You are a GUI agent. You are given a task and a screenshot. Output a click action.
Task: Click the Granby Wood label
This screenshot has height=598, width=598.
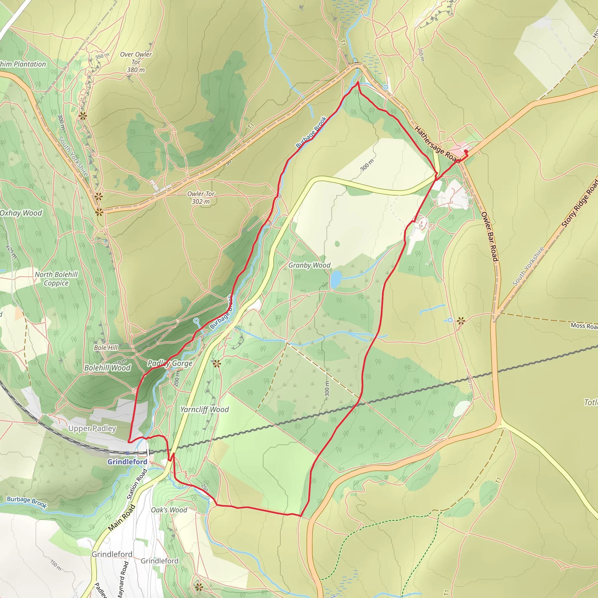point(309,265)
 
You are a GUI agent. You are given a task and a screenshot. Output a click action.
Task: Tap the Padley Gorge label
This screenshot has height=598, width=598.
point(170,363)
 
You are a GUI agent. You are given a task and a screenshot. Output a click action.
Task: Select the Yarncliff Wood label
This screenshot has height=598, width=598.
point(205,409)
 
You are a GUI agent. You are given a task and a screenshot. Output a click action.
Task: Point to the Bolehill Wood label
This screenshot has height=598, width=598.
point(107,368)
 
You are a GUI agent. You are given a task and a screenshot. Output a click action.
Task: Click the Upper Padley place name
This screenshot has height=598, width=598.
point(92,428)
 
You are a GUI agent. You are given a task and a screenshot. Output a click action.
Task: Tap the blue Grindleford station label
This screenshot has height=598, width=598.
point(127,462)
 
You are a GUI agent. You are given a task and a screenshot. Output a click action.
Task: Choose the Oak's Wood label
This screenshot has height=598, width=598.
point(169,510)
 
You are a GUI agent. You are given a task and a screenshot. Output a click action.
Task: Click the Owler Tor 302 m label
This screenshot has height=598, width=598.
point(201,197)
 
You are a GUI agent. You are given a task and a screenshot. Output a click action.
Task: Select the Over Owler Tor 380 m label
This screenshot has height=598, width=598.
point(136,62)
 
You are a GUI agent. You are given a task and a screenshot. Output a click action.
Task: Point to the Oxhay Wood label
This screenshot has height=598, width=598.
point(21,213)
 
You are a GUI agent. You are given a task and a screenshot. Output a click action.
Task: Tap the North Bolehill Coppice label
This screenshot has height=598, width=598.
point(56,279)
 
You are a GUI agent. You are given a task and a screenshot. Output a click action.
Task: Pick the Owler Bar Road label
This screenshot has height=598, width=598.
point(489,237)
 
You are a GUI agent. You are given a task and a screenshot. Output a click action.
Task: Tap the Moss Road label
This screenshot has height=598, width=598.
point(584,326)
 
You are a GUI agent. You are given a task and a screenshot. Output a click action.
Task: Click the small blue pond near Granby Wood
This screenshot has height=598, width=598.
point(335,279)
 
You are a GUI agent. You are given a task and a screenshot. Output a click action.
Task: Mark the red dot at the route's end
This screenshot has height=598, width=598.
point(466,151)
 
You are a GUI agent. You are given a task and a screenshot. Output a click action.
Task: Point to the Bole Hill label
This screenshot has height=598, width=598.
point(106,347)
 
